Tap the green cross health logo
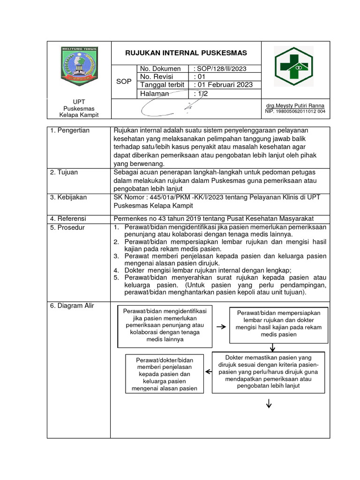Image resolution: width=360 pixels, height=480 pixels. tap(293, 67)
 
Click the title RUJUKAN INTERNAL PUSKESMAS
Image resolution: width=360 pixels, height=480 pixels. tap(186, 52)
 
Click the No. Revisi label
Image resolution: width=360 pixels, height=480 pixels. tap(156, 76)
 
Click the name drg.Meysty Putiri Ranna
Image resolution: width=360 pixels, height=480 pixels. tap(295, 105)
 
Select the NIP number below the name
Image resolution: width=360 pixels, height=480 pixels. tap(295, 112)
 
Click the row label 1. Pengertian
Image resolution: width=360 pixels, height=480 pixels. tap(70, 130)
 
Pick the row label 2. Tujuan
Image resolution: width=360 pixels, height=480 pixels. tap(65, 172)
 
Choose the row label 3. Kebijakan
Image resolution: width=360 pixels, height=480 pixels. tap(68, 197)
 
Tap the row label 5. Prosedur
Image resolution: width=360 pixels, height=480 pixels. tap(67, 227)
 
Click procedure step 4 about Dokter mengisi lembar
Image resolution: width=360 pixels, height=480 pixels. tap(208, 270)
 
